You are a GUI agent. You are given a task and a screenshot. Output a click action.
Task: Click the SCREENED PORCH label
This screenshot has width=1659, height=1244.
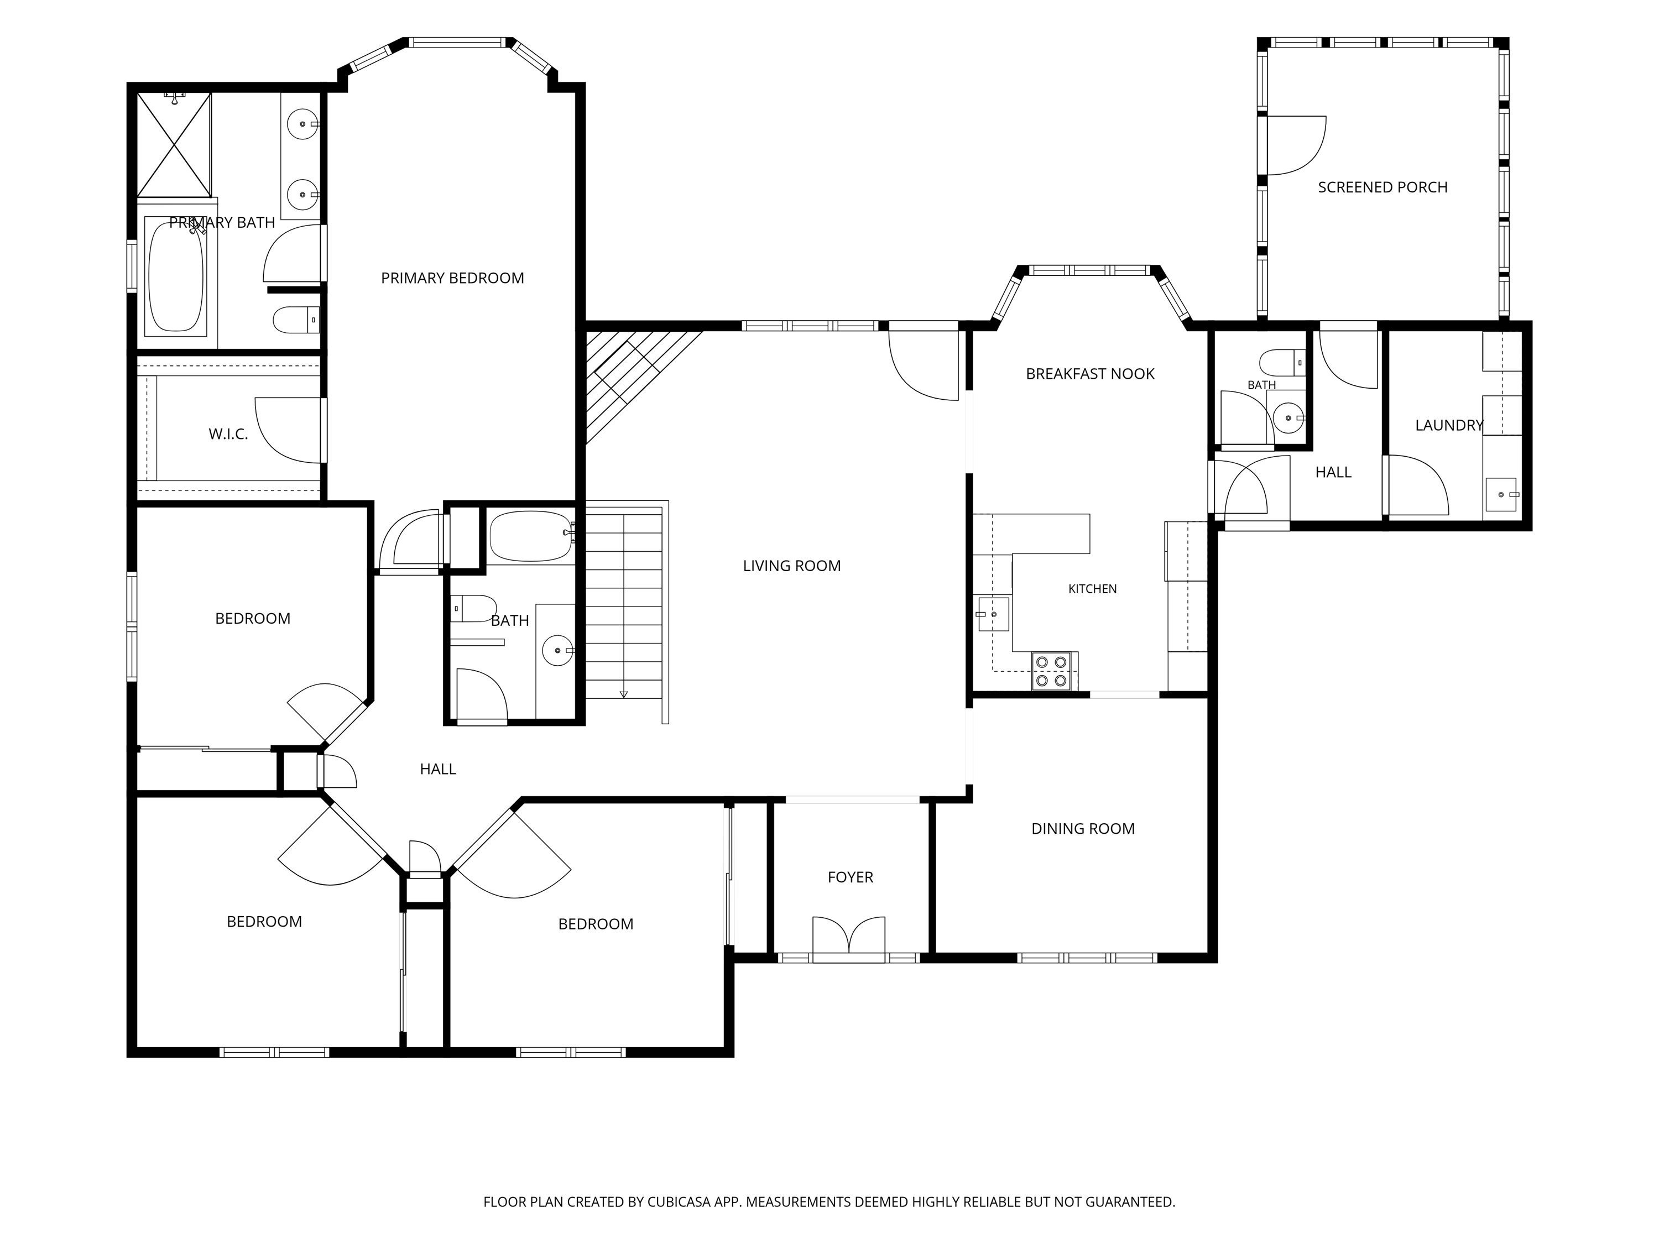[1383, 187]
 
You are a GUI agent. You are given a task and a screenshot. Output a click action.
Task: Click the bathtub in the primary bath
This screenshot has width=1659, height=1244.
[176, 276]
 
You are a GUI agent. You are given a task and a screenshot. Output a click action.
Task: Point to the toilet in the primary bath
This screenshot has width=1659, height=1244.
[296, 320]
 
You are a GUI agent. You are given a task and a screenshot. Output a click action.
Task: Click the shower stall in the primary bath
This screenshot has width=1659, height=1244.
[174, 145]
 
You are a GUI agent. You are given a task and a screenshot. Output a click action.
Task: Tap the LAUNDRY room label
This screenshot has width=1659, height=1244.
[1449, 425]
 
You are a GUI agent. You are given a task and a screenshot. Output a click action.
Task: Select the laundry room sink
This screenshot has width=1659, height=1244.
[1501, 495]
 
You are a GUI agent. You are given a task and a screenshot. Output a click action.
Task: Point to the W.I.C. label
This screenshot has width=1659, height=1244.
[228, 434]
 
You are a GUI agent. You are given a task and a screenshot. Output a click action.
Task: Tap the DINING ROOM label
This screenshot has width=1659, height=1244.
[1083, 829]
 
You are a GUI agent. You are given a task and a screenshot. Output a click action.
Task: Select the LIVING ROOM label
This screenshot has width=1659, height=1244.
[792, 566]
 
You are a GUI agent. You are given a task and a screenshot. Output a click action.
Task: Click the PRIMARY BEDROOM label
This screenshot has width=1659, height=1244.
[452, 278]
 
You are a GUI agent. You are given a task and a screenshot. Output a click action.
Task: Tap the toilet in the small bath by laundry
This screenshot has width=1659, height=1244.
[1284, 362]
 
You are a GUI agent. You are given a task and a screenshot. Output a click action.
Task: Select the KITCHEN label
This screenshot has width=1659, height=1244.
[1092, 589]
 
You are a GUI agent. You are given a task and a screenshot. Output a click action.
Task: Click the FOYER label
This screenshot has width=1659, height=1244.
[851, 877]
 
